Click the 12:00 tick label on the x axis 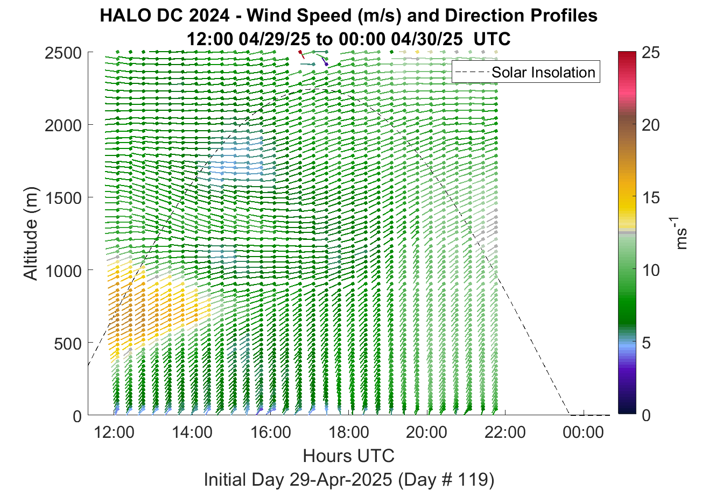(x=114, y=432)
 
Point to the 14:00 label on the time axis (x=192, y=432)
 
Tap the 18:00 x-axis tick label (x=349, y=432)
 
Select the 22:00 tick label (x=505, y=432)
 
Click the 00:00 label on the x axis (x=583, y=432)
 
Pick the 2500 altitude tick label (x=64, y=53)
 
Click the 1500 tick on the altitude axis (x=64, y=198)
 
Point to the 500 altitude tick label (x=68, y=344)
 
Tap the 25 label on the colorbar (x=651, y=53)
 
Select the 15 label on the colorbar (x=651, y=198)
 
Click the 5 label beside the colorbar (x=646, y=343)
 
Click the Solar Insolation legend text (x=543, y=73)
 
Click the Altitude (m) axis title (x=31, y=233)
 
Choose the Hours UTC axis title (x=349, y=456)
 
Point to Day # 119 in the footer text (x=446, y=480)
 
